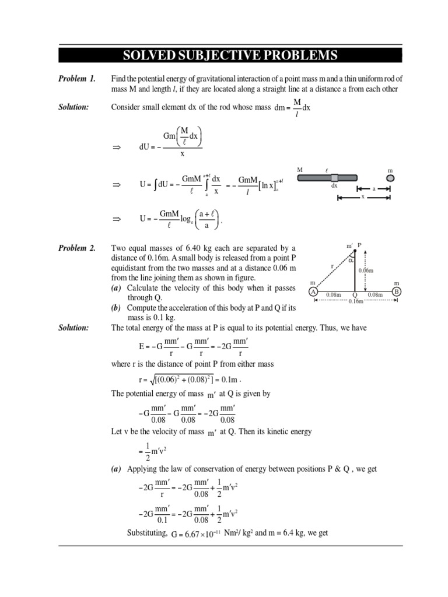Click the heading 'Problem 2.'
tap(76, 248)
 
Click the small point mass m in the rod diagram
tap(390, 178)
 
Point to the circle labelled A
tap(313, 292)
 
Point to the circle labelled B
tap(397, 292)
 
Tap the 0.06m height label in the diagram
tap(366, 271)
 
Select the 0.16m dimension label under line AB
tap(355, 301)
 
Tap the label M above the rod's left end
tap(300, 170)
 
